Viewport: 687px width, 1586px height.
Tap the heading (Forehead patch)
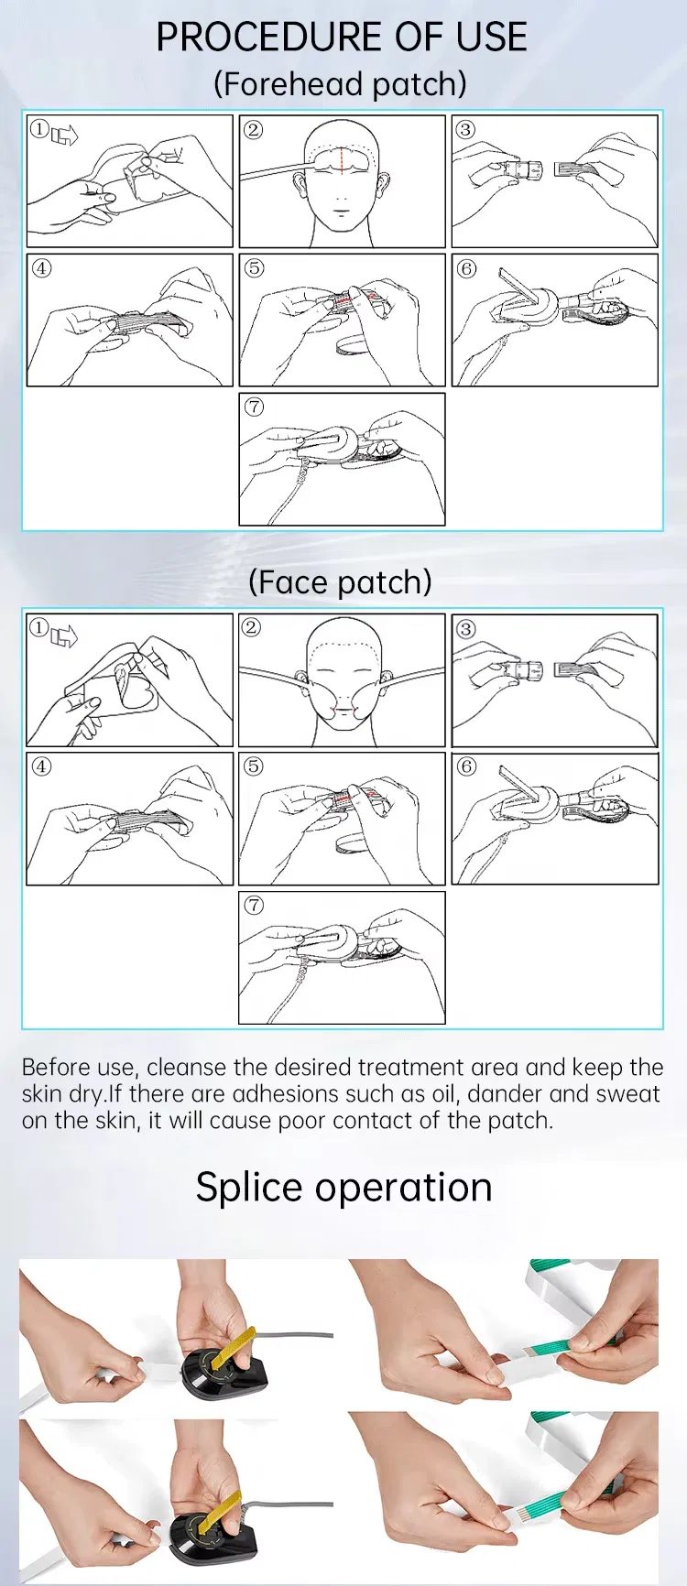pos(341,84)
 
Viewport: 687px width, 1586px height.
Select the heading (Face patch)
pos(341,582)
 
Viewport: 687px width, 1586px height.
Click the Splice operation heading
pos(343,1188)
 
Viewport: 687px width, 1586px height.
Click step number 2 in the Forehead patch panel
pos(254,129)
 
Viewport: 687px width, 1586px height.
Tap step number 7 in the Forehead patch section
pos(254,407)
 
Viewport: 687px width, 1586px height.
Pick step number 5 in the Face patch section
pos(254,766)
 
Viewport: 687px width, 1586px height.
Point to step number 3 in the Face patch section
pos(466,628)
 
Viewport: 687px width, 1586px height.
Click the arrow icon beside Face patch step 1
pos(64,635)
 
